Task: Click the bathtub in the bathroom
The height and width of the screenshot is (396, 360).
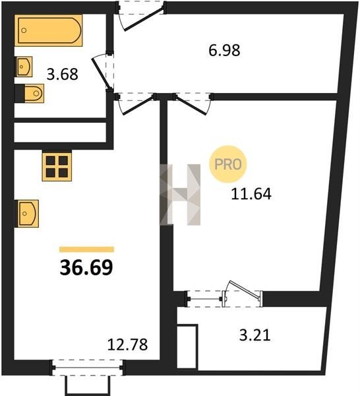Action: pyautogui.click(x=48, y=30)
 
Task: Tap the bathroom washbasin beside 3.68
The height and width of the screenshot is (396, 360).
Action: pyautogui.click(x=24, y=67)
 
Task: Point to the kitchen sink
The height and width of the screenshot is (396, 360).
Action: pyautogui.click(x=27, y=213)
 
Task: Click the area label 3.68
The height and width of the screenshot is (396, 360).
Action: pyautogui.click(x=63, y=75)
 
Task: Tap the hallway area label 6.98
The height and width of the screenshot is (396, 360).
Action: pyautogui.click(x=224, y=50)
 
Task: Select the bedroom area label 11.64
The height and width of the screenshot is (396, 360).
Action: pyautogui.click(x=251, y=194)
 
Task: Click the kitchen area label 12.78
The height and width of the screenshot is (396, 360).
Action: pyautogui.click(x=127, y=345)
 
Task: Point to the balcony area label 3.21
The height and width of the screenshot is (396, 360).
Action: pyautogui.click(x=255, y=336)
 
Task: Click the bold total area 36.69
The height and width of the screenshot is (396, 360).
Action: pyautogui.click(x=86, y=268)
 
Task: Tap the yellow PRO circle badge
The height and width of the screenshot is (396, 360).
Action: pyautogui.click(x=228, y=164)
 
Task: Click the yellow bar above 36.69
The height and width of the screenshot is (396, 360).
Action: pyautogui.click(x=86, y=249)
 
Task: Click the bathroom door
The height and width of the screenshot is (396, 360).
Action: pyautogui.click(x=103, y=73)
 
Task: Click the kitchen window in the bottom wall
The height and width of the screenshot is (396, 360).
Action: pyautogui.click(x=87, y=368)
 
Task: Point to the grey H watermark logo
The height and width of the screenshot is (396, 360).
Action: pyautogui.click(x=180, y=195)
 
